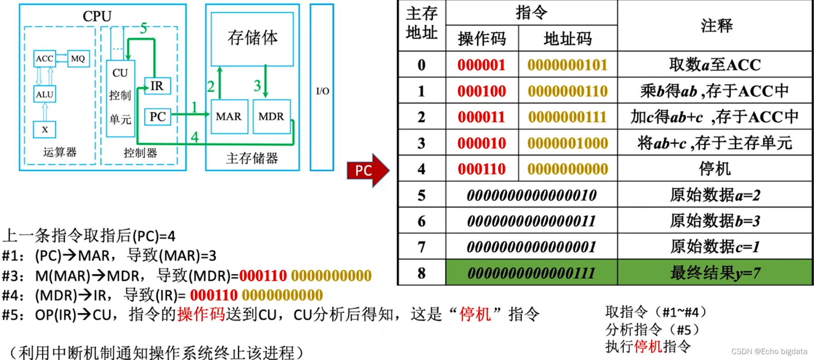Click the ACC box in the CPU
(45, 58)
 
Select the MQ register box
(78, 58)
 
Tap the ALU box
(44, 94)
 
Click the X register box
(44, 130)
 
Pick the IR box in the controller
(157, 86)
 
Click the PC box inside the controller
(157, 117)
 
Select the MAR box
(229, 117)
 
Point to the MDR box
(271, 117)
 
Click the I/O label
(322, 91)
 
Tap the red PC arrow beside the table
(368, 170)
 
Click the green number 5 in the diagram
(144, 29)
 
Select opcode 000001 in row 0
(481, 65)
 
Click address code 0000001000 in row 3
(567, 143)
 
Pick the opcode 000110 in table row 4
(481, 169)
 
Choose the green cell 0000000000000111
(531, 273)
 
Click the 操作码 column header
(482, 39)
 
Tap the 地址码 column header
(567, 39)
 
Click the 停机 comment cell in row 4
(715, 169)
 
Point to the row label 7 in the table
(422, 247)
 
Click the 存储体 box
(252, 39)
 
